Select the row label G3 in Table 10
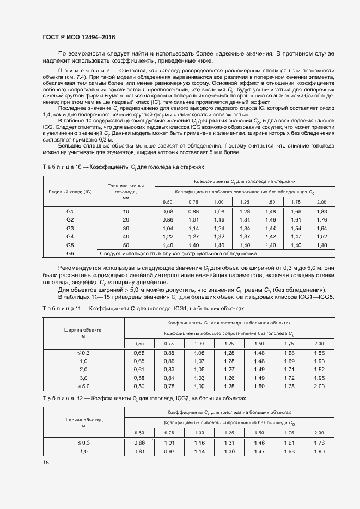70,228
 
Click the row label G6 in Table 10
70,254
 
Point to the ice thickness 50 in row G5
126,246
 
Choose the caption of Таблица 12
143,399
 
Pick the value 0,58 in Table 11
139,377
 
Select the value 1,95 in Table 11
319,377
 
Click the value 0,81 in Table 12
139,451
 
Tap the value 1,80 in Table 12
319,451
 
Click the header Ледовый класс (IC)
70,192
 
